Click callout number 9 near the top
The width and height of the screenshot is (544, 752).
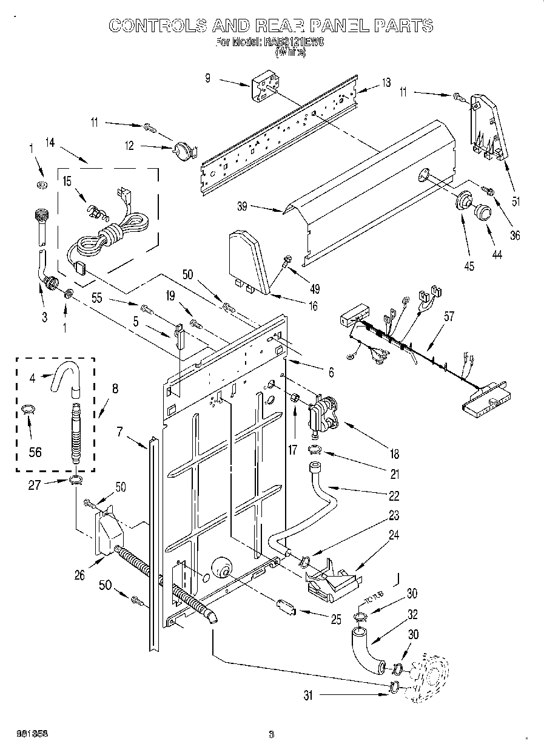point(207,78)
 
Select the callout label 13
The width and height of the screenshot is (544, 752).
point(386,83)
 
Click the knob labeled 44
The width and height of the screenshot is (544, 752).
point(482,211)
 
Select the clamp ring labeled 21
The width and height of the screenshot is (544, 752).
point(315,450)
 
